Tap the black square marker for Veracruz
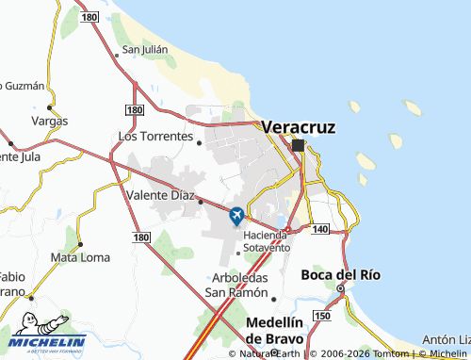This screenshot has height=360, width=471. coord(299,145)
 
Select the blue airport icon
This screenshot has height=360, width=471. coord(235,216)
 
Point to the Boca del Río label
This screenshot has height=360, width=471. coord(340,275)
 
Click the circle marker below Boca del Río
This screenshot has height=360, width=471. coord(340,288)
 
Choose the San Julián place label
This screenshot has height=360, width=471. coord(144,50)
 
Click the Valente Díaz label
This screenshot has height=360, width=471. coord(158,196)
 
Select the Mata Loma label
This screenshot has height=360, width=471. coord(80,256)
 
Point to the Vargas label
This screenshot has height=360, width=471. coord(49,122)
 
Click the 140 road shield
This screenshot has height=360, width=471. coord(317,230)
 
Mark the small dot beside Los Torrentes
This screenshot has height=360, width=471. coord(199,142)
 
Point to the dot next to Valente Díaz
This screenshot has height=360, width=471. coord(201,201)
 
